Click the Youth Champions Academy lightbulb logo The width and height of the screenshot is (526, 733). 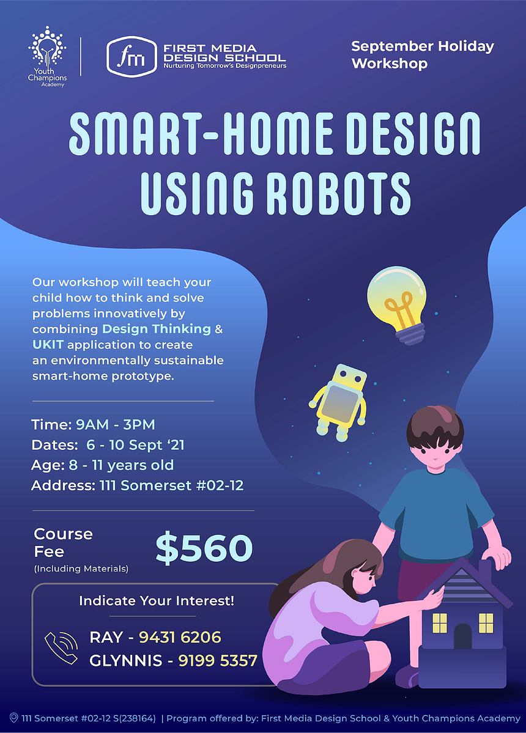46,57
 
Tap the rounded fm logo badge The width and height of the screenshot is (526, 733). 132,57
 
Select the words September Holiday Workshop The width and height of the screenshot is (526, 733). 422,54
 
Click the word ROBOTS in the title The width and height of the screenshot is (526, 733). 338,194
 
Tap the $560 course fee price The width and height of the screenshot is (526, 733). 204,548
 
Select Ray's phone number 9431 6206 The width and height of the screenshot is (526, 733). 180,637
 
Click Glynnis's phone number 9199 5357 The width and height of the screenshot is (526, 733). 218,660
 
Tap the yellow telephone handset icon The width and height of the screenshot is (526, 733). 61,647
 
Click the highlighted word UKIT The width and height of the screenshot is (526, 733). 48,345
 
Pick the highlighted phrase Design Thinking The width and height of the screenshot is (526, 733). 157,329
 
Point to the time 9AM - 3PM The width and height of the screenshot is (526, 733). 116,424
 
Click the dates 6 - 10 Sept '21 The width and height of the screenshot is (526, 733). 135,444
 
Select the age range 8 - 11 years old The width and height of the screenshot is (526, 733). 121,465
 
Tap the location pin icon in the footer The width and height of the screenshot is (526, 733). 13,718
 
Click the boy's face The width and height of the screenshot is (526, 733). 434,452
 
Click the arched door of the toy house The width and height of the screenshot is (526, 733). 463,636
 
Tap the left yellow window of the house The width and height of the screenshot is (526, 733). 440,623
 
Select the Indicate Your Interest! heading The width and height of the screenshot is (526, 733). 157,601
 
